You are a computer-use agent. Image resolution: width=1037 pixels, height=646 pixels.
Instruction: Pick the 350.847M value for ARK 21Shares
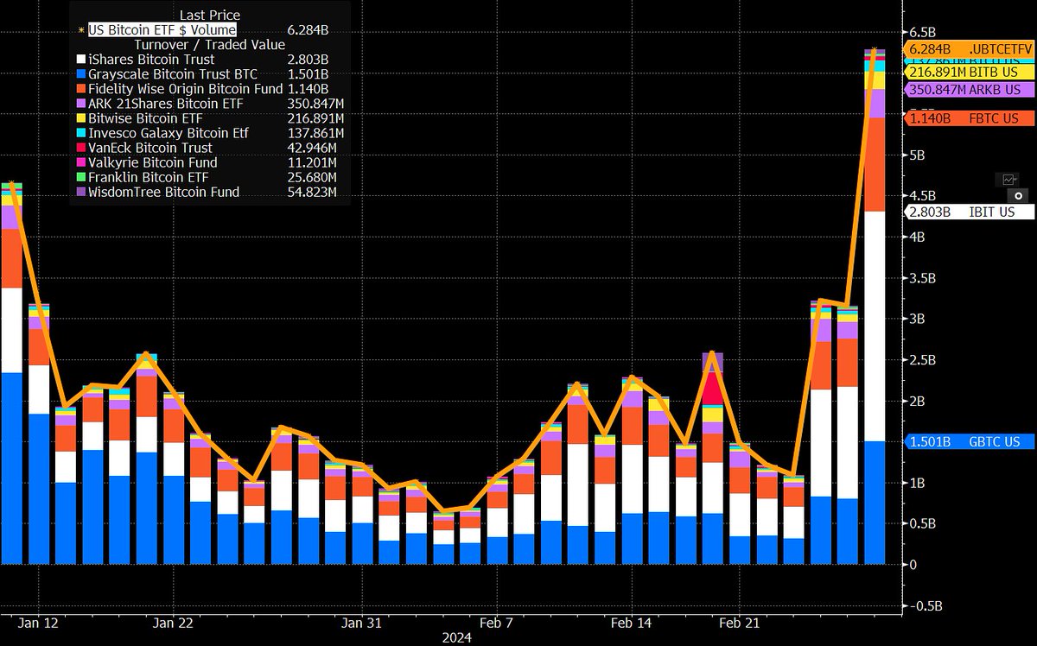tap(313, 104)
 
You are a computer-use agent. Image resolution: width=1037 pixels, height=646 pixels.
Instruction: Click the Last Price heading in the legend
tap(210, 15)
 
